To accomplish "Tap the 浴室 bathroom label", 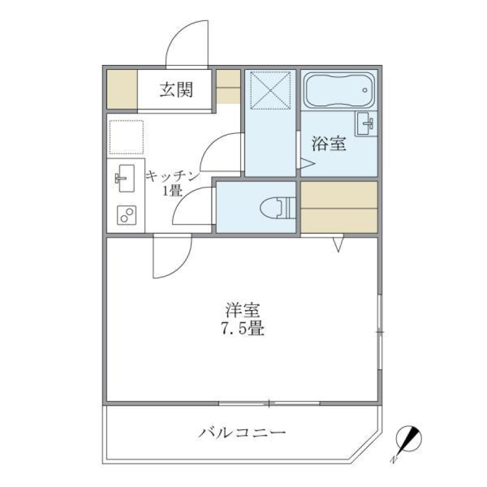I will pos(329,145).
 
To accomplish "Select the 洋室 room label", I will pos(242,310).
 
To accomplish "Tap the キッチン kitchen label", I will pos(171,176).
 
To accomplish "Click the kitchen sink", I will pos(124,178).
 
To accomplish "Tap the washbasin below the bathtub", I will pos(366,123).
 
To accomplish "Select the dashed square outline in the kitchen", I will pos(126,136).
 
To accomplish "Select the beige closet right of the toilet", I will pos(339,207).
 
